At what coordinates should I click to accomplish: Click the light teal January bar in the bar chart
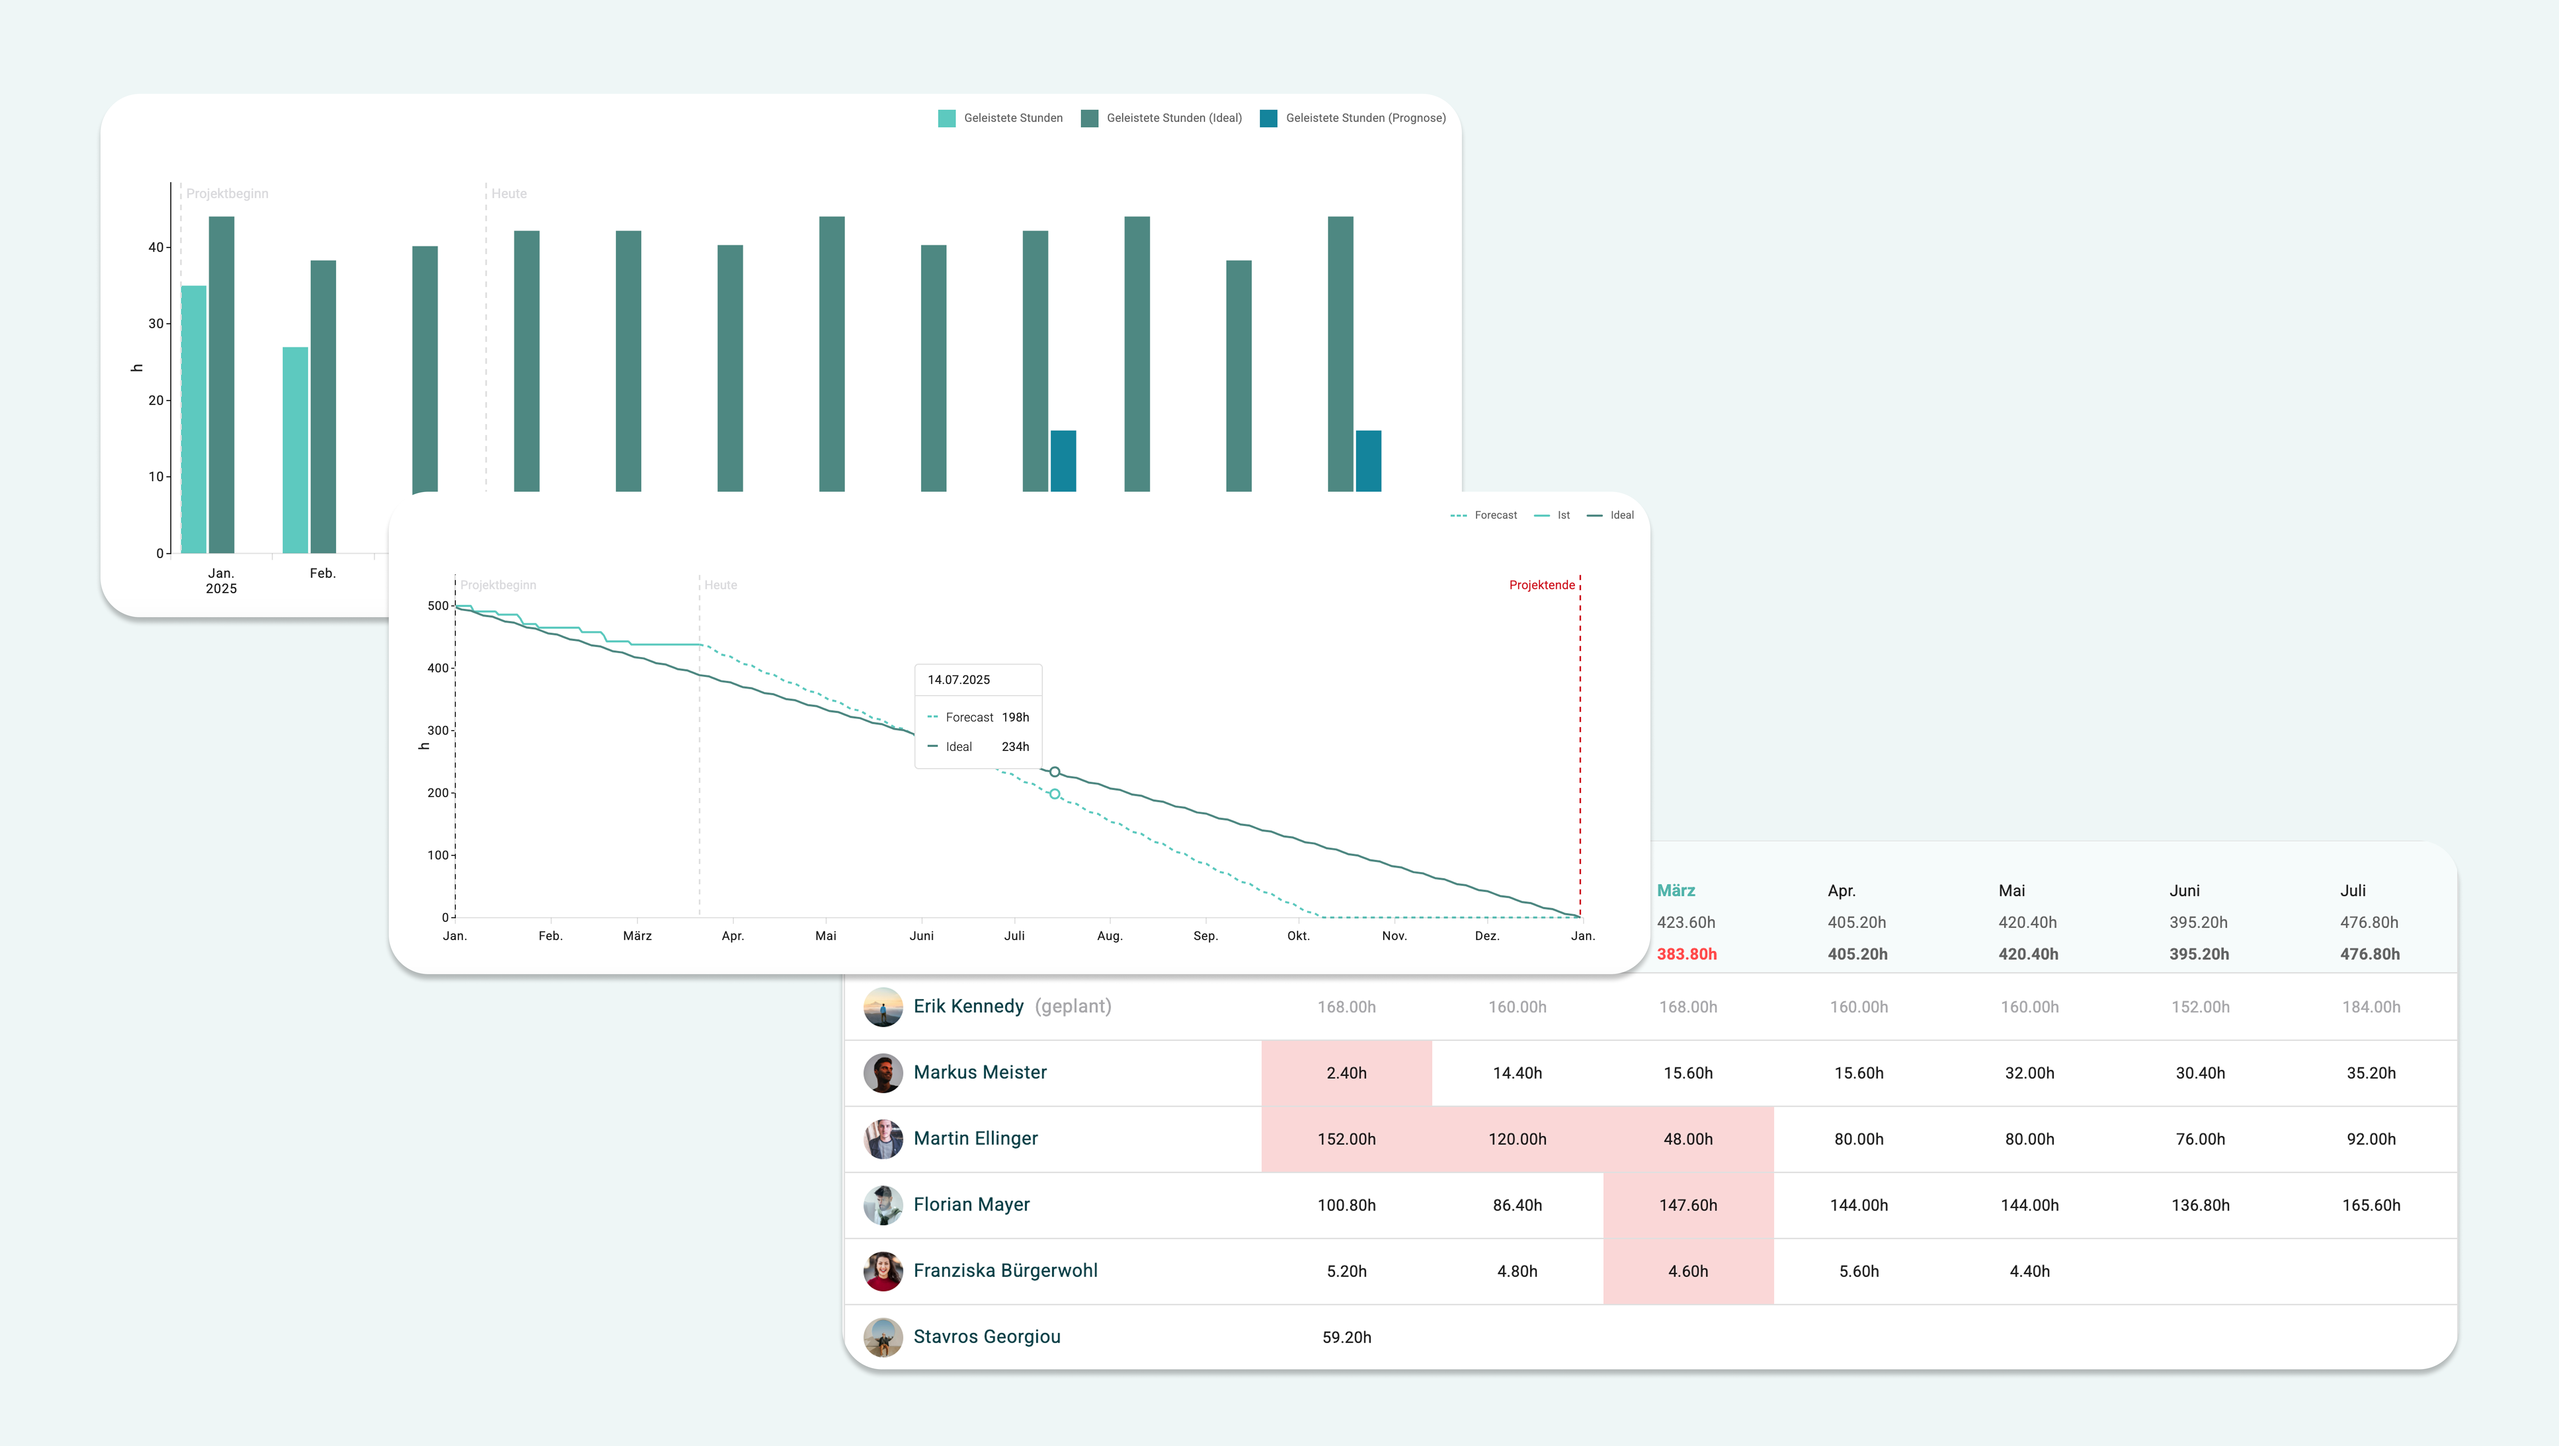(194, 419)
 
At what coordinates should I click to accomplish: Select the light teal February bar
(295, 450)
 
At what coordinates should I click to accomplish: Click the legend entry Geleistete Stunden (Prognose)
(1365, 118)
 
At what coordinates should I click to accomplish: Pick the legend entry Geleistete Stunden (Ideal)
(1173, 118)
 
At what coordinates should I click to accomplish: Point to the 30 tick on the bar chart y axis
(156, 324)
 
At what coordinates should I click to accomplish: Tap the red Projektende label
(1542, 585)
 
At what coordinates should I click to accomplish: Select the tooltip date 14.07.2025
(958, 679)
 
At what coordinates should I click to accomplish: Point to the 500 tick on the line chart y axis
(438, 606)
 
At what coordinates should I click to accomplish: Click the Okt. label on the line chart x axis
(1298, 935)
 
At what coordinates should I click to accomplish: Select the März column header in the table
(1676, 891)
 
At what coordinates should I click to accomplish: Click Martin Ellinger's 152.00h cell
(1346, 1139)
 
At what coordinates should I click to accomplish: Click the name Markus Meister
(980, 1073)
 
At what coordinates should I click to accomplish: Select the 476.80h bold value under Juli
(2369, 954)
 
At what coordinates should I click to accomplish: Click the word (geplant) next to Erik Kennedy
(1073, 1006)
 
